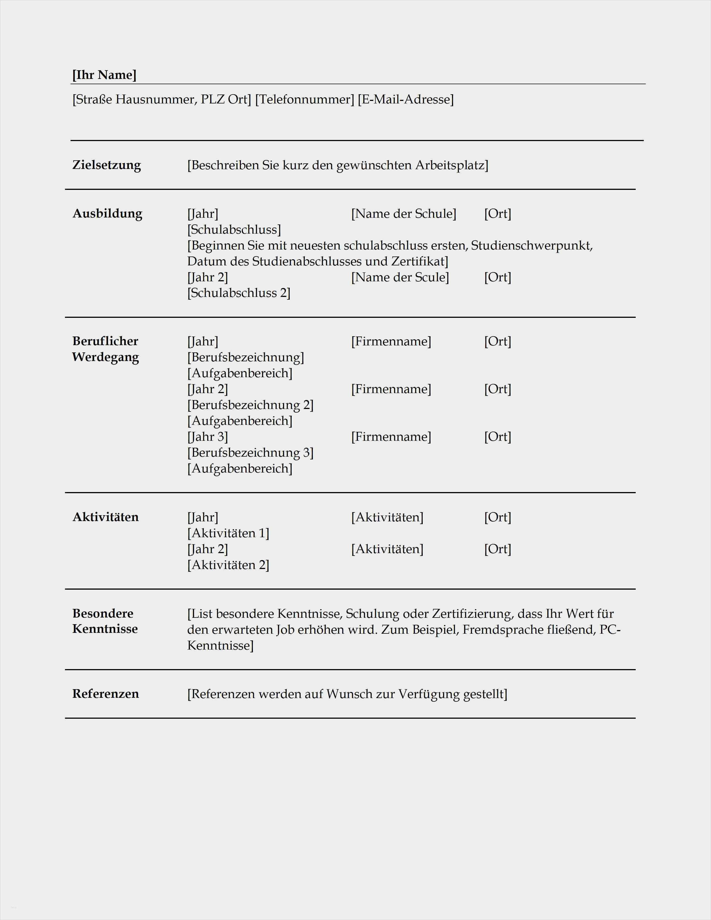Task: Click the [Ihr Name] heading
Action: (x=105, y=75)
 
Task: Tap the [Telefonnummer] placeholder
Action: (x=304, y=100)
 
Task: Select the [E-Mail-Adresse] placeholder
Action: (x=406, y=100)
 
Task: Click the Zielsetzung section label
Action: (x=107, y=165)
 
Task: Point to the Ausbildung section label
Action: (x=107, y=214)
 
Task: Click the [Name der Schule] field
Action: (x=403, y=214)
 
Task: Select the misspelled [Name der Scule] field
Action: (x=400, y=277)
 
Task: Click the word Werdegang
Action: (x=105, y=357)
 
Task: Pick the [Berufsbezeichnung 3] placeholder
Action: (x=250, y=453)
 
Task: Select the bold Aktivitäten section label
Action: (x=105, y=517)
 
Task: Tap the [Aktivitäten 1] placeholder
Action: (x=228, y=533)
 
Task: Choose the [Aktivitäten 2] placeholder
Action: (x=228, y=565)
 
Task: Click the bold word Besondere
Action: (x=103, y=613)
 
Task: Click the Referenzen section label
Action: (x=105, y=694)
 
